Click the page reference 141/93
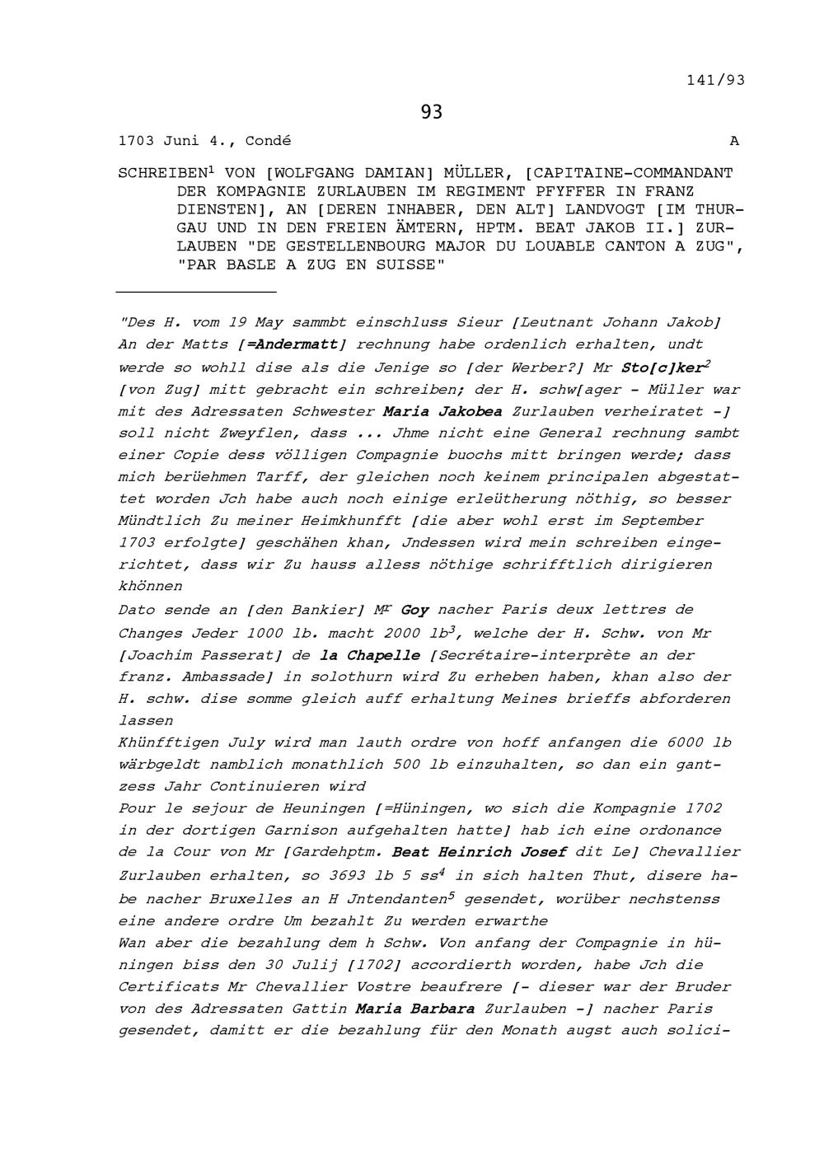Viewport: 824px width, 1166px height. coord(714,80)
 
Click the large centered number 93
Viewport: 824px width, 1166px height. coord(431,112)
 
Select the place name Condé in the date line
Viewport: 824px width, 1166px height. coord(268,141)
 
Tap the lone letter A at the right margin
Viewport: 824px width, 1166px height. coord(734,141)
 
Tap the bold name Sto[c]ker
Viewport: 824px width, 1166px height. coord(661,368)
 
